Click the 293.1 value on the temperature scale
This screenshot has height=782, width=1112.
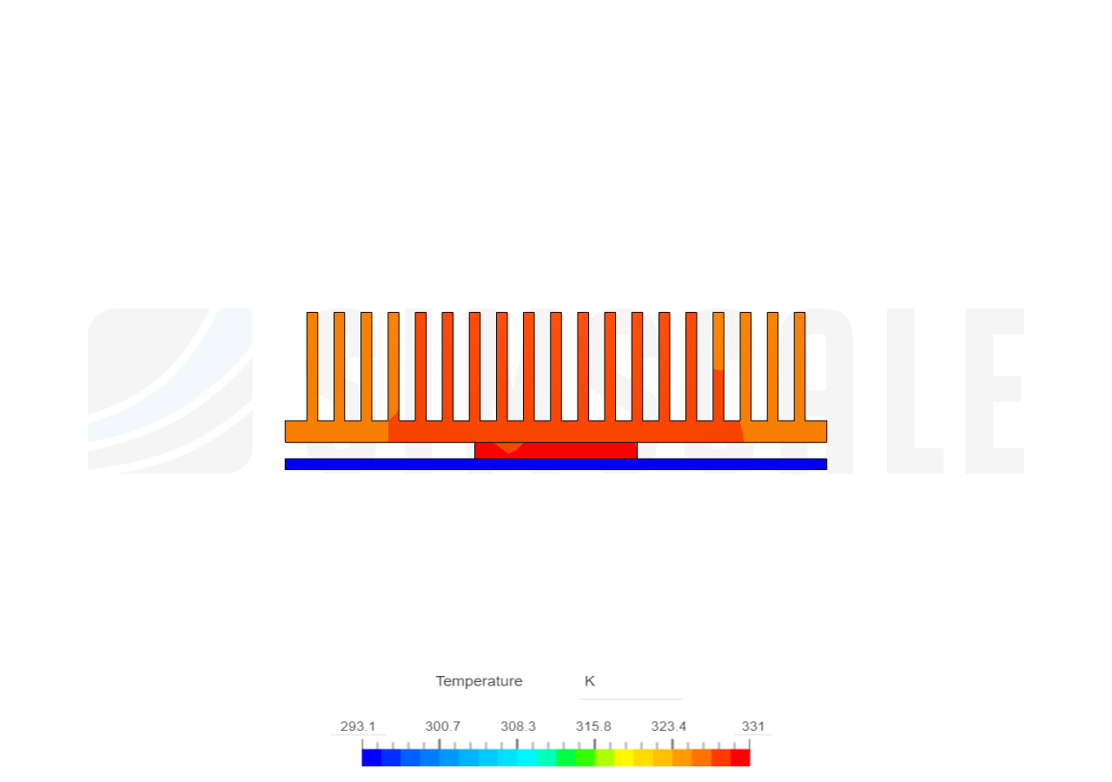[358, 726]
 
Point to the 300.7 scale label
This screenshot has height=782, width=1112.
[442, 726]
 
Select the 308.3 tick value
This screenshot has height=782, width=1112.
[518, 726]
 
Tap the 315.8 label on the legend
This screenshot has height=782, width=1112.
[593, 726]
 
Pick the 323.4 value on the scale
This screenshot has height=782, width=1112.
[669, 726]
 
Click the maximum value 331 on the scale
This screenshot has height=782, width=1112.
[752, 726]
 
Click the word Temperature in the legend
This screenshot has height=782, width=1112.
[479, 681]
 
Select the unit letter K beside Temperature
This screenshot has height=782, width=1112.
[589, 681]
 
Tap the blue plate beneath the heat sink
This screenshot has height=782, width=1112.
[556, 464]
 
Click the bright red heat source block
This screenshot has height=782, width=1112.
[556, 450]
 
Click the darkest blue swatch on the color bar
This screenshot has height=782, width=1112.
[370, 758]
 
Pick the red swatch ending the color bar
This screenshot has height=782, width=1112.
[741, 758]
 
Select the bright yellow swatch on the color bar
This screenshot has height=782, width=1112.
[624, 758]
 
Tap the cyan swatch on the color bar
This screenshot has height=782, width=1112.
[526, 758]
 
